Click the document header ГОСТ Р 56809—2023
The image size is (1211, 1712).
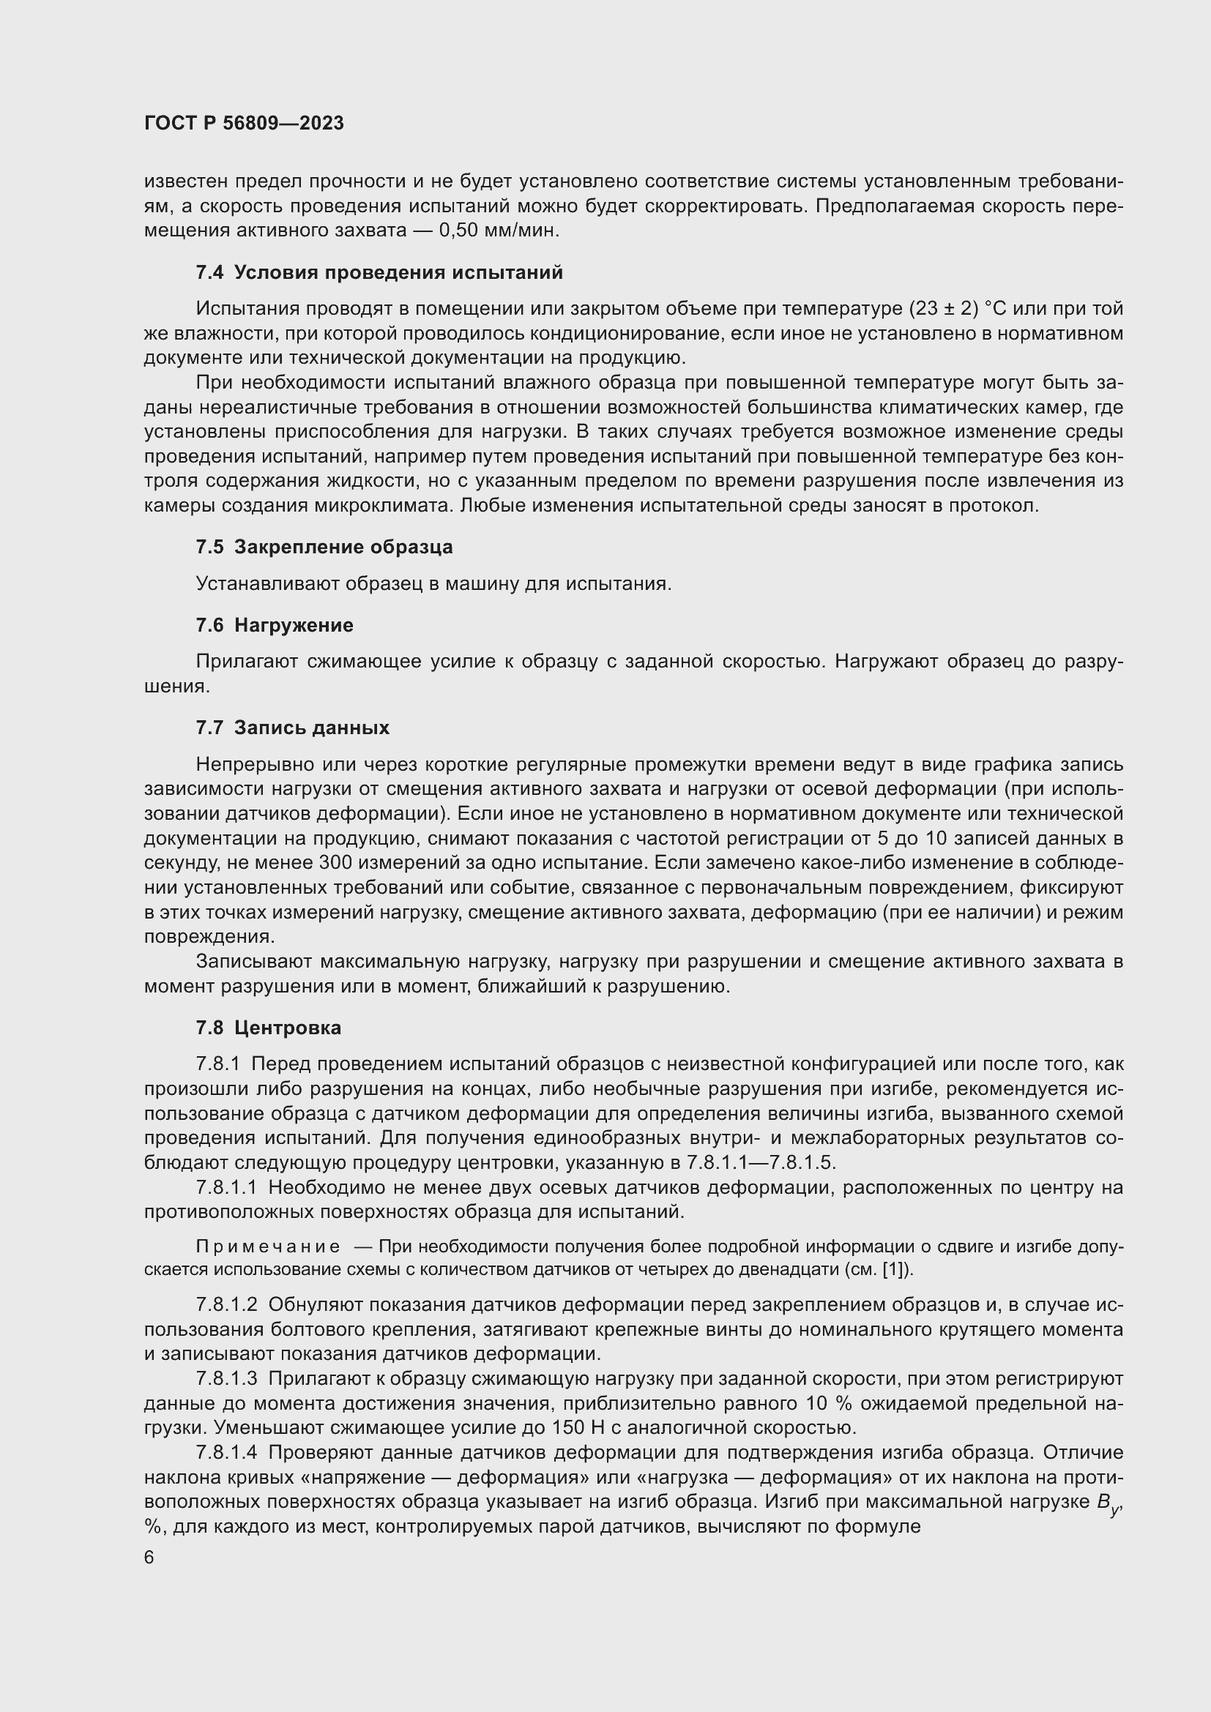coord(244,123)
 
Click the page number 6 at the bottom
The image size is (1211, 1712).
coord(149,1558)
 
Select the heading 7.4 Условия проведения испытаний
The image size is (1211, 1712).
coord(379,273)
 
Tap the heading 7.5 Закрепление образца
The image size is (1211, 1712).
coord(324,547)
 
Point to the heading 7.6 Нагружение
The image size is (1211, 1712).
coord(275,626)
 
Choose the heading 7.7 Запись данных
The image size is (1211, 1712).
coord(292,728)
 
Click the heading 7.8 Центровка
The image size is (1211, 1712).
coord(269,1028)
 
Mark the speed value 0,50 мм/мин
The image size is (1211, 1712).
coord(499,231)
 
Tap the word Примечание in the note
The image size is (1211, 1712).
coord(268,1246)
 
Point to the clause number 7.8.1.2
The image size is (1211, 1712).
coord(227,1305)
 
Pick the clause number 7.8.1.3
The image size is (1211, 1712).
coord(227,1379)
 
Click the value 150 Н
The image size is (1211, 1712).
coord(578,1428)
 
